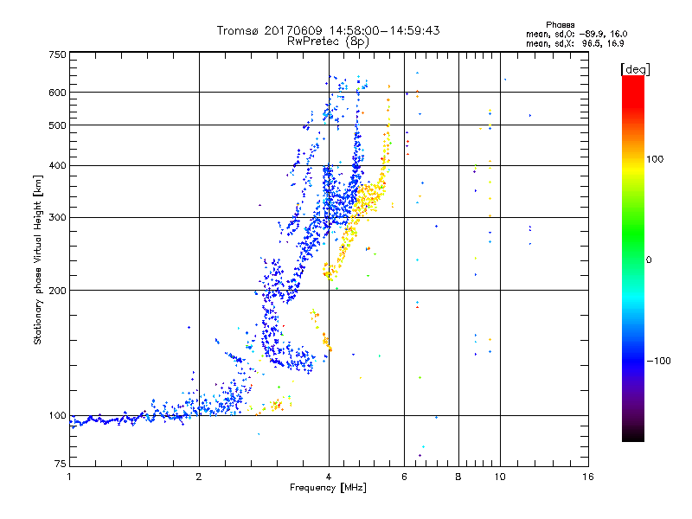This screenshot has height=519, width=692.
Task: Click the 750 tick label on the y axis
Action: [58, 54]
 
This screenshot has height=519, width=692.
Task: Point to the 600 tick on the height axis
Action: [58, 93]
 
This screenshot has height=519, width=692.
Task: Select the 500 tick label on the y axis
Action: [58, 125]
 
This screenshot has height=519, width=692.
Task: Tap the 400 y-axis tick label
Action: [58, 165]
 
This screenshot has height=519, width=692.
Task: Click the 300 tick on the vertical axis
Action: [58, 218]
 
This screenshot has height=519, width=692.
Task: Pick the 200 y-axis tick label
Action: [58, 291]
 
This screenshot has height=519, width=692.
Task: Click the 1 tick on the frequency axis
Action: [70, 476]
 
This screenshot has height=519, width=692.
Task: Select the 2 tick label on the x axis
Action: [199, 476]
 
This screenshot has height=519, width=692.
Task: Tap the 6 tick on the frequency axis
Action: [404, 476]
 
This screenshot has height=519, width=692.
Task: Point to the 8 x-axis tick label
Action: [458, 476]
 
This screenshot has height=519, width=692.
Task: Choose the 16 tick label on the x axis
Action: [586, 476]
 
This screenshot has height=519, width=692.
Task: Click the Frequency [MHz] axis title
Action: [328, 489]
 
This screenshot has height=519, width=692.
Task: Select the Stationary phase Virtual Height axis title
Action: [38, 260]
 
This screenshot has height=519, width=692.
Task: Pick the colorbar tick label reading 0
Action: [647, 259]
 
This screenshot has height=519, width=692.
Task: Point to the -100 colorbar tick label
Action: [657, 361]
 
